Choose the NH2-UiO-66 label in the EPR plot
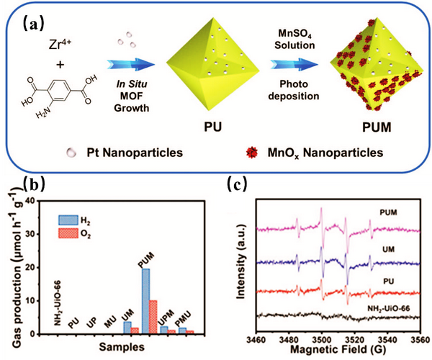point(384,304)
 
